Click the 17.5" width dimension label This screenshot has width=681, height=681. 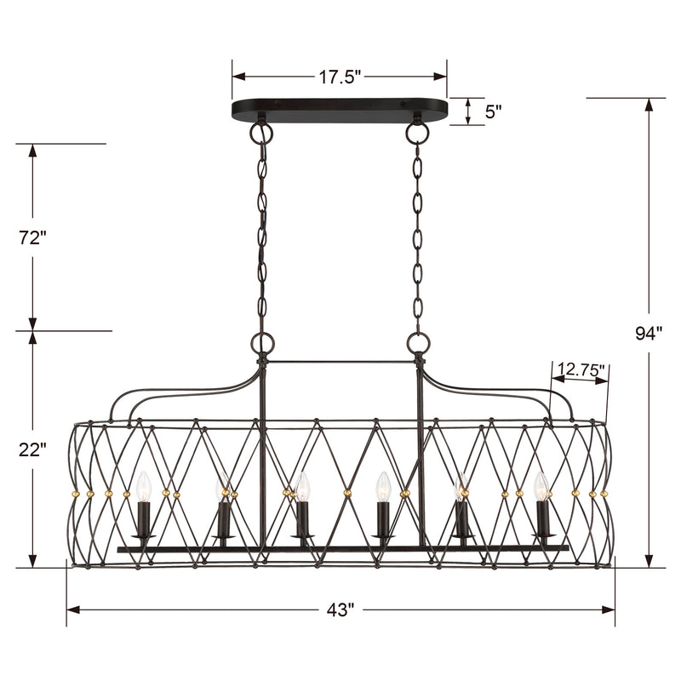click(340, 77)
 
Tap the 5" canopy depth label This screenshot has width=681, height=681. click(493, 111)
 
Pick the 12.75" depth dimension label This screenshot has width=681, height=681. click(580, 370)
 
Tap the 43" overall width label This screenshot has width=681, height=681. click(340, 610)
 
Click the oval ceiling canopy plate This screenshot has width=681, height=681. click(340, 111)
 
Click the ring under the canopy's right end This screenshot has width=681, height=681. click(416, 134)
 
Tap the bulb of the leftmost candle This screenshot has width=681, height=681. click(143, 487)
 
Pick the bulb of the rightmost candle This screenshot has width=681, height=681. click(540, 487)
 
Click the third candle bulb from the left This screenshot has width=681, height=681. click(302, 487)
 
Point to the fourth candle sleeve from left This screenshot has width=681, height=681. click(383, 518)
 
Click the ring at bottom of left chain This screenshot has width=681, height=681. click(262, 343)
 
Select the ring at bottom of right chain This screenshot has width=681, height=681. click(417, 343)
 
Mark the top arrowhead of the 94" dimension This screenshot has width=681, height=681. click(652, 105)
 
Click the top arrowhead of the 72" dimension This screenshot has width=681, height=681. click(32, 151)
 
